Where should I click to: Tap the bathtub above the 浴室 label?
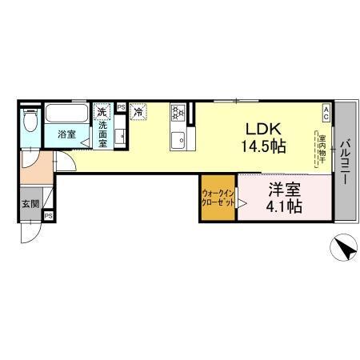pos(67,111)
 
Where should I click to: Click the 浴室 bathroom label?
pos(67,134)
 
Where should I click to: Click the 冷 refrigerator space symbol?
pos(137,111)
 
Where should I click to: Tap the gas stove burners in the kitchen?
pos(176,113)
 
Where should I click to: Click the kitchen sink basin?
pos(176,142)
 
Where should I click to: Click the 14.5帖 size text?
pos(261,146)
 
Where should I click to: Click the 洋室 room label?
pos(284,190)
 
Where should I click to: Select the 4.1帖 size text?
pos(284,207)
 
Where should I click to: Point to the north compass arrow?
pos(344,250)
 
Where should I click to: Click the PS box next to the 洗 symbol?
pos(121,106)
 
